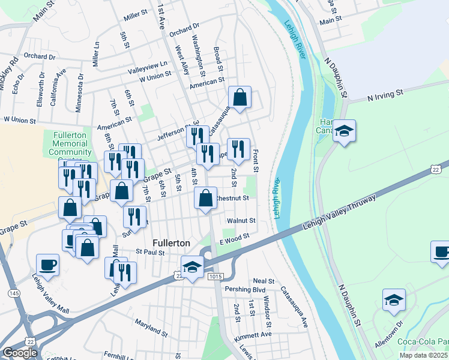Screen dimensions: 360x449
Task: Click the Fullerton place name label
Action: [x=171, y=243]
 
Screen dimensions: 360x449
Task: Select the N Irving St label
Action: [x=379, y=95]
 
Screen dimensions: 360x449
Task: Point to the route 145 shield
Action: [x=13, y=293]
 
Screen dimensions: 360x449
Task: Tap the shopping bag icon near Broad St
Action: [x=240, y=98]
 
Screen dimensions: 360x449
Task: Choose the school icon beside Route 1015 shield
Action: [x=192, y=268]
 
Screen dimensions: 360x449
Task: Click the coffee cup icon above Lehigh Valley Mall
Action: [x=48, y=265]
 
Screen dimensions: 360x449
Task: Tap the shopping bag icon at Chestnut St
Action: [x=205, y=199]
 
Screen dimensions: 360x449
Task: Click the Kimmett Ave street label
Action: [x=253, y=334]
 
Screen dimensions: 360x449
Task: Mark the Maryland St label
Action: [x=151, y=328]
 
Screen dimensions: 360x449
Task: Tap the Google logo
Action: [x=20, y=353]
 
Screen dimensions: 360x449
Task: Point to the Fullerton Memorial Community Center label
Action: [x=71, y=144]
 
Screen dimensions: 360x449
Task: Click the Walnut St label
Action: [x=246, y=221]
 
